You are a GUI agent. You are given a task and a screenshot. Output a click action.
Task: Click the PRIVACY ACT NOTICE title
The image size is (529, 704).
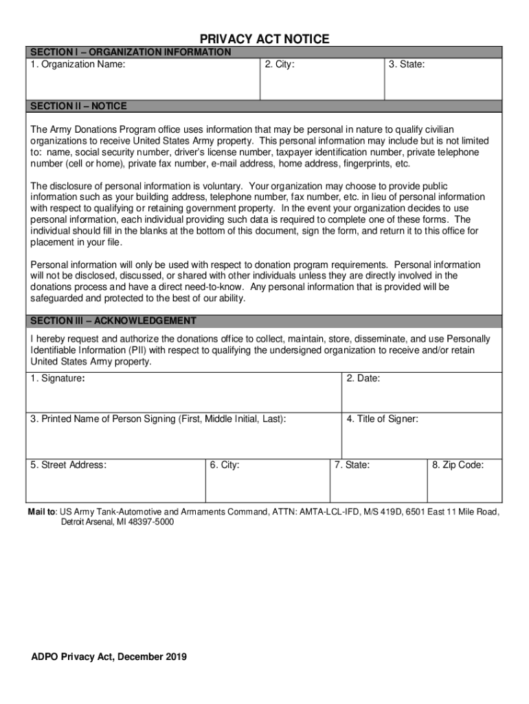click(264, 39)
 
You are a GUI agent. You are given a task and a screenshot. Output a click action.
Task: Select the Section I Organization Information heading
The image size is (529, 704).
click(131, 52)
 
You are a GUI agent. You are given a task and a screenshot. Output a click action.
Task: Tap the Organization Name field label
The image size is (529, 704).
click(78, 65)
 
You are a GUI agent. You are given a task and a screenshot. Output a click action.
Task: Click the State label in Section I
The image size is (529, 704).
click(406, 65)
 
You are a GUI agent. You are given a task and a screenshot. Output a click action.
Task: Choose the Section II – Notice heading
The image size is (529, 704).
click(78, 106)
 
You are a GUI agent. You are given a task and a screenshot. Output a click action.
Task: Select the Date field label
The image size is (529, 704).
click(363, 379)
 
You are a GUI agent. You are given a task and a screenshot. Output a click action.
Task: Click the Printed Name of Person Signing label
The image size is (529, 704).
click(158, 419)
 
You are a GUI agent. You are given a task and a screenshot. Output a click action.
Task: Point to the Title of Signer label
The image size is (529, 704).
click(382, 419)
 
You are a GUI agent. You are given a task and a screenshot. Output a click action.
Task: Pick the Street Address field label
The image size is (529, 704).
click(68, 465)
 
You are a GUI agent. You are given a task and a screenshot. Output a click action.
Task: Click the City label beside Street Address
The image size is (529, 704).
click(225, 465)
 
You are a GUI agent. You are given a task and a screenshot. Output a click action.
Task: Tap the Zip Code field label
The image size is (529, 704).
click(458, 465)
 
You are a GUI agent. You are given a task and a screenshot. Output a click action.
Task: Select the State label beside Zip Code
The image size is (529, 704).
click(352, 465)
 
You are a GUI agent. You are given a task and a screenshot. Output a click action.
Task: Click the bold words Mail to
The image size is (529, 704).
click(42, 512)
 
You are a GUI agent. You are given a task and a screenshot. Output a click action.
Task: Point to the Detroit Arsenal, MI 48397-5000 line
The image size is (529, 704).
click(117, 522)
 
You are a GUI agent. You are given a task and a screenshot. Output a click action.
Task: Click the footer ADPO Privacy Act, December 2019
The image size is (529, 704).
click(109, 657)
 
